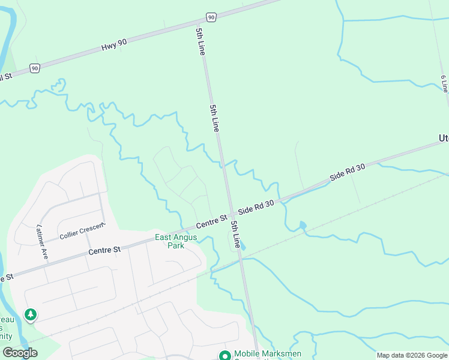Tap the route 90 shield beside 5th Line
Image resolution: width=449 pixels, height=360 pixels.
pyautogui.click(x=211, y=17)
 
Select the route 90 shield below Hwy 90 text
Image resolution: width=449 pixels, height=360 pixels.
pyautogui.click(x=35, y=68)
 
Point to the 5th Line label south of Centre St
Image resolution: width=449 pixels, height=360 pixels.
pyautogui.click(x=237, y=235)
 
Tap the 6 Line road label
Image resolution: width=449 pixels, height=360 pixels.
pyautogui.click(x=444, y=83)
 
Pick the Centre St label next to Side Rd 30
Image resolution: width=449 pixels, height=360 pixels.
pyautogui.click(x=211, y=221)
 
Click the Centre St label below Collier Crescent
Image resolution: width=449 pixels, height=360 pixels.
pyautogui.click(x=104, y=249)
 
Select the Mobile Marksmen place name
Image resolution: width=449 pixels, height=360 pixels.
pyautogui.click(x=268, y=353)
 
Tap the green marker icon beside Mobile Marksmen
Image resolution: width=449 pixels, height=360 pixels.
pyautogui.click(x=225, y=356)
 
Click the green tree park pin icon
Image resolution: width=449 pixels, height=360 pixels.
pyautogui.click(x=30, y=314)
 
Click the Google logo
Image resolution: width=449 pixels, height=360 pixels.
pyautogui.click(x=20, y=352)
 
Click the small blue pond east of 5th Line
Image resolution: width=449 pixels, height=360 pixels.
pyautogui.click(x=303, y=226)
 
